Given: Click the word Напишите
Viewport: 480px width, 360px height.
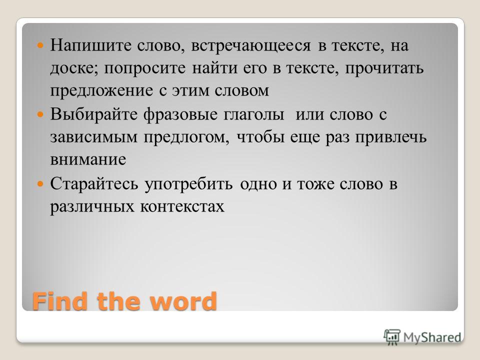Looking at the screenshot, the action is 91,45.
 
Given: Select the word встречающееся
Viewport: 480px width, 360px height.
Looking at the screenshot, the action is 250,46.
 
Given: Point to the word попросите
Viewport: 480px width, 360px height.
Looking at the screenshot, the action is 144,68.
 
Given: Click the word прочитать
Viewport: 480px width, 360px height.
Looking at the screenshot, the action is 384,68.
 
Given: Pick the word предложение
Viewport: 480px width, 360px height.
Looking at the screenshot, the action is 101,91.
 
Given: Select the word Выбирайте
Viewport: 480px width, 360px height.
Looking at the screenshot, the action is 93,114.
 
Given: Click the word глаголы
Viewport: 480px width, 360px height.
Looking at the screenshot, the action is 254,115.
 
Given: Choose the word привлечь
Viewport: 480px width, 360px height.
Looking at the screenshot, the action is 391,137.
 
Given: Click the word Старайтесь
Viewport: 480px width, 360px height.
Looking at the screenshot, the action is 94,184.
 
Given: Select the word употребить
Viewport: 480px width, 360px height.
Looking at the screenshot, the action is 188,184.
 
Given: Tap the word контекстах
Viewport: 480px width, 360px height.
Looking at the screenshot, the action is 182,207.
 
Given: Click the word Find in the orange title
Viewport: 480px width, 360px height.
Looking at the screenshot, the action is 59,301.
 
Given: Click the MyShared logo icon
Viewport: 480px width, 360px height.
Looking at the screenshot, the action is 392,337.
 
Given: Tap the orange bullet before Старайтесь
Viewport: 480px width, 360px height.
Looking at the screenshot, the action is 40,184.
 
